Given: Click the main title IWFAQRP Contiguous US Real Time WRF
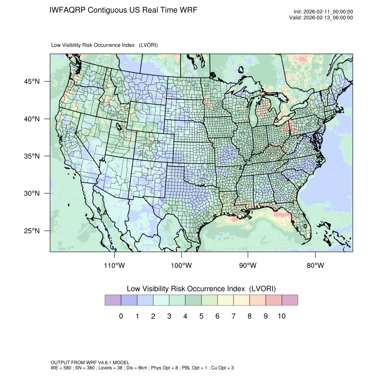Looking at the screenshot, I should coord(123,10).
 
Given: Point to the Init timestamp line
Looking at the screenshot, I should coord(323,12).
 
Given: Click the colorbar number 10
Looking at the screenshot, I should coord(282,316).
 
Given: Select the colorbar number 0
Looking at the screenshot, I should coord(121,316).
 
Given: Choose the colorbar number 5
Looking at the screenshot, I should coord(201,316).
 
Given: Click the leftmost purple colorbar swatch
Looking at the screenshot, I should coord(113,300).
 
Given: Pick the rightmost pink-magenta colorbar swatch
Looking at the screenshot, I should coord(290,300).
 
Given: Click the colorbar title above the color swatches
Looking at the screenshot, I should coord(201,288).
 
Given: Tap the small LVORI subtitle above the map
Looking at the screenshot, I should coord(105,45).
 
